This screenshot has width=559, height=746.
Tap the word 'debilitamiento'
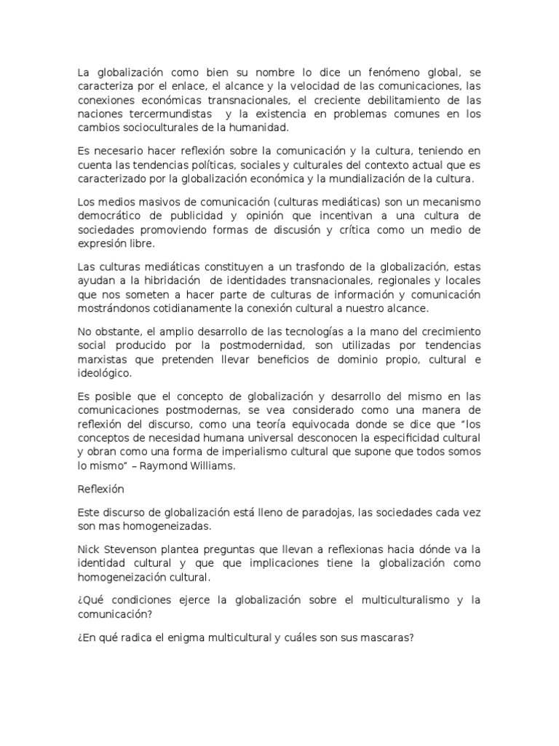pos(393,101)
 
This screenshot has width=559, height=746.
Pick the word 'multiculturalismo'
pos(400,602)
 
